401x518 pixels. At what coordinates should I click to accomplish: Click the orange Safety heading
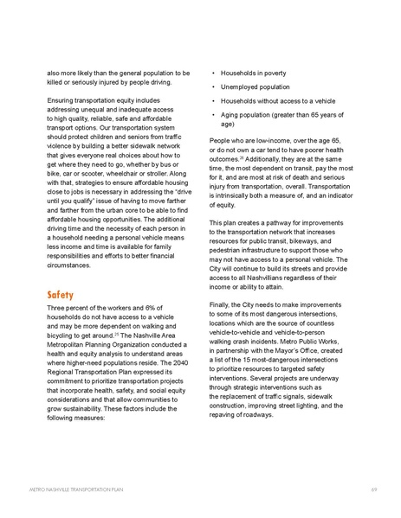click(61, 295)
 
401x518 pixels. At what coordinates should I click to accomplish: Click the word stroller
click(159, 182)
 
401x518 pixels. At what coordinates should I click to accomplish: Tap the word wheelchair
click(119, 182)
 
